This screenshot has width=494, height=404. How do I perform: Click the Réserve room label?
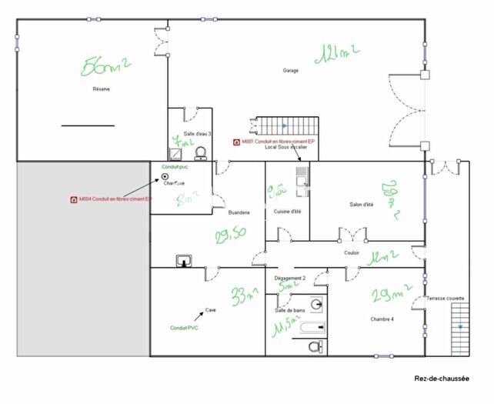(x=102, y=89)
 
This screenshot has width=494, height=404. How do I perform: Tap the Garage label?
(x=290, y=71)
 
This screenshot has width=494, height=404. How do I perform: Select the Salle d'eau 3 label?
(x=197, y=134)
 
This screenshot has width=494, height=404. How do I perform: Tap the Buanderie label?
(x=239, y=212)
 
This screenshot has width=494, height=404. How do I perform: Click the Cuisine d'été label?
(x=287, y=212)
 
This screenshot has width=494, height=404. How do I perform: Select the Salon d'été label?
(x=361, y=204)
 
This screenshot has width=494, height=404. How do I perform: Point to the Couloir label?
(x=352, y=252)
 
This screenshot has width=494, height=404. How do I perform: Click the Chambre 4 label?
(x=382, y=319)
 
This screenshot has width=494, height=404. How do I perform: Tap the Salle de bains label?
(x=289, y=309)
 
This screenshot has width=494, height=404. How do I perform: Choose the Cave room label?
(x=209, y=310)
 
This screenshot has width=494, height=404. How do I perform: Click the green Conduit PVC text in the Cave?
(x=185, y=328)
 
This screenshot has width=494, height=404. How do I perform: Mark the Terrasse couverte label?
(x=446, y=297)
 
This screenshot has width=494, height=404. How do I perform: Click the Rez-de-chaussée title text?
(x=442, y=379)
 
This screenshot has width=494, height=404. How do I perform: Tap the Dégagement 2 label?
(x=290, y=277)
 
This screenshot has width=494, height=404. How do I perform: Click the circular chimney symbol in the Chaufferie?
(x=165, y=176)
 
